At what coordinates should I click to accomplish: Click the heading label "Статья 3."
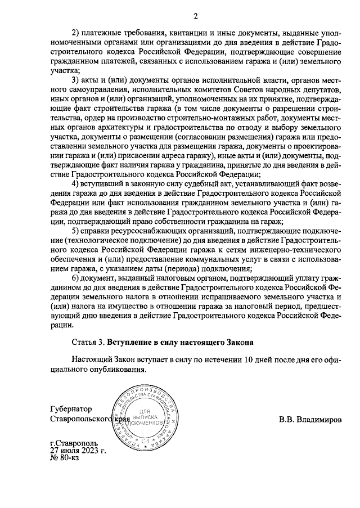tap(89, 341)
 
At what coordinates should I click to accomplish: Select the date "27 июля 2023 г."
tap(77, 450)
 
